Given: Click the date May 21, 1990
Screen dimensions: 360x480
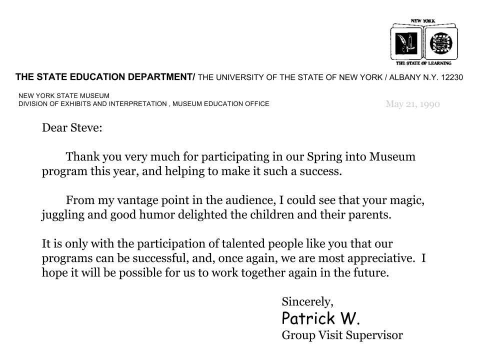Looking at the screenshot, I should [x=412, y=104].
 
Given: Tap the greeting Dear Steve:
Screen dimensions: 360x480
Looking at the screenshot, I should [x=72, y=127].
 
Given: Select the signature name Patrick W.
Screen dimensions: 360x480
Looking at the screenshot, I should [x=321, y=318].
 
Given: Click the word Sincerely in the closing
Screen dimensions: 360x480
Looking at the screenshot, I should [x=306, y=301].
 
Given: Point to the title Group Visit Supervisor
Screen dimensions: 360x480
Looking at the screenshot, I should [x=342, y=335].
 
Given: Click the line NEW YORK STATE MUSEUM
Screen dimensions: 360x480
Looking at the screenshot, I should [x=64, y=95].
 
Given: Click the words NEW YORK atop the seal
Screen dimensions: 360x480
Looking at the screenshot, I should [x=423, y=21].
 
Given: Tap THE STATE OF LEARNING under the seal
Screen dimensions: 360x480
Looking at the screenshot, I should [x=423, y=63].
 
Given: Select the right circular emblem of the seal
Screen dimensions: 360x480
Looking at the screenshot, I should [x=440, y=43].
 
